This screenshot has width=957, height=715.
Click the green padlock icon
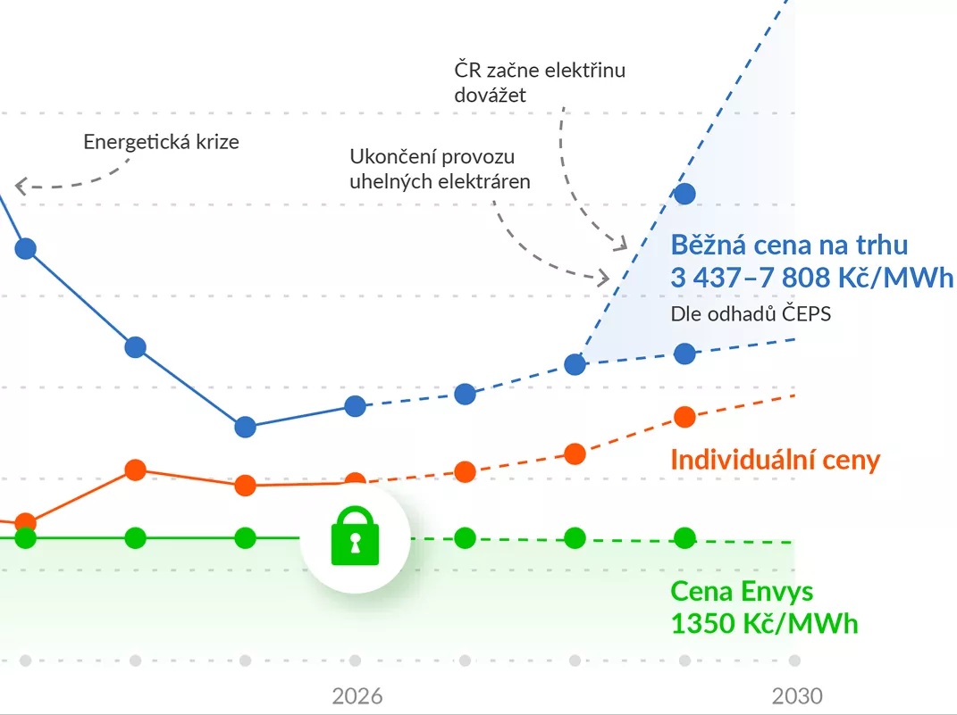355,536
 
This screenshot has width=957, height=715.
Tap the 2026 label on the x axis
357,696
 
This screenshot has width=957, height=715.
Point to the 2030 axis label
797,696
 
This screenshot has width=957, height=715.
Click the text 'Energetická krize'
161,142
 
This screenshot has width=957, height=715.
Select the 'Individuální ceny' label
775,461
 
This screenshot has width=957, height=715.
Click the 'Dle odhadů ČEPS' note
751,314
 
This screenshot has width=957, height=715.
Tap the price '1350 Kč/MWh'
764,622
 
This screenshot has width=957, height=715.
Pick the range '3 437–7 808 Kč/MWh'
811,278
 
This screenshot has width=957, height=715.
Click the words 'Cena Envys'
742,591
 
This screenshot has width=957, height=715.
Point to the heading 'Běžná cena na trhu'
789,245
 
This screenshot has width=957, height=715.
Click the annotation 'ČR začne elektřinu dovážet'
540,82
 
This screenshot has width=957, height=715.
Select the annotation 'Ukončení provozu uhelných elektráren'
441,170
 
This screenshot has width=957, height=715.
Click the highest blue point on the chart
684,193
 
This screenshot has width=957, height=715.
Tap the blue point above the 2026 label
356,406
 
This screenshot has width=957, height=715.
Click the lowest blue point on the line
245,427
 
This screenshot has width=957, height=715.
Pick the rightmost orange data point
684,416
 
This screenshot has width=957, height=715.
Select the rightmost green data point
684,538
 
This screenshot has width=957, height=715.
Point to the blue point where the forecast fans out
575,364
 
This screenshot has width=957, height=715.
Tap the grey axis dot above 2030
794,661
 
